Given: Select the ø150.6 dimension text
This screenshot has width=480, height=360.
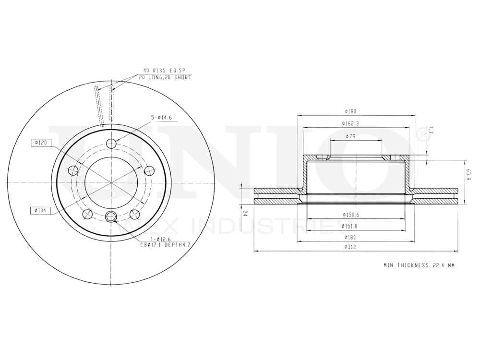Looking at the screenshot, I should pyautogui.click(x=352, y=214).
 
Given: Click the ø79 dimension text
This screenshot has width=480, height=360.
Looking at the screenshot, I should pyautogui.click(x=350, y=137).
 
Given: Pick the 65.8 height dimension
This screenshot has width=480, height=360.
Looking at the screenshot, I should pyautogui.click(x=469, y=176).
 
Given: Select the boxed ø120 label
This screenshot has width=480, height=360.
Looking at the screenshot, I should pyautogui.click(x=39, y=143).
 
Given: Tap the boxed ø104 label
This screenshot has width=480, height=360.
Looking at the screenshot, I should pyautogui.click(x=39, y=210).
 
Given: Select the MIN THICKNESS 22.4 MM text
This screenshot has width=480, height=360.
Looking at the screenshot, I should pyautogui.click(x=419, y=265).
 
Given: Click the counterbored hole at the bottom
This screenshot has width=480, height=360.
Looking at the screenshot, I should pyautogui.click(x=111, y=216).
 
